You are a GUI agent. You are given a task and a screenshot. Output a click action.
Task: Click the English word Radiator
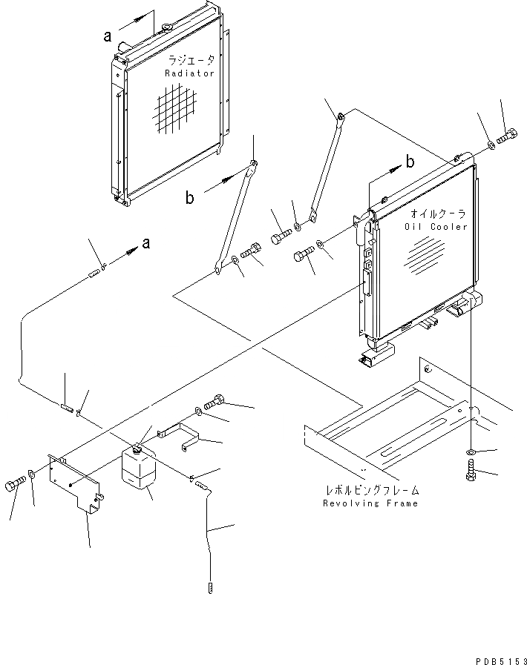[x=189, y=73]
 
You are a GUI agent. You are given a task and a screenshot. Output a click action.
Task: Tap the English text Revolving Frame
[x=370, y=503]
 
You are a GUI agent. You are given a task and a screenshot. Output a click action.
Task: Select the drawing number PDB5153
[x=498, y=658]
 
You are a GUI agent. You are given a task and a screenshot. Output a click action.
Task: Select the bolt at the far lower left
[x=15, y=483]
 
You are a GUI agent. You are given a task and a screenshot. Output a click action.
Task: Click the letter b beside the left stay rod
[x=190, y=198]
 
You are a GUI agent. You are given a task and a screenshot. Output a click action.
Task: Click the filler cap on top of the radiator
[x=166, y=28]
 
